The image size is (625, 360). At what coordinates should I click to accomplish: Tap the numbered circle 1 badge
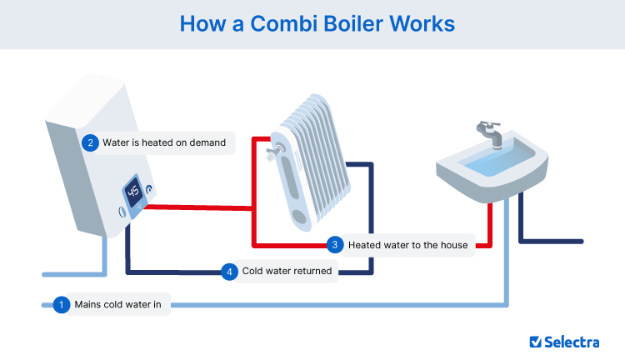pos(60,305)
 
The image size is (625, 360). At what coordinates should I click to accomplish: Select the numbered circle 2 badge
pos(90,142)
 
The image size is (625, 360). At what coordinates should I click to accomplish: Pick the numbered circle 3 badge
pos(335,245)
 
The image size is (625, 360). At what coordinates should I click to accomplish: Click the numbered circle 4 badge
pos(229,272)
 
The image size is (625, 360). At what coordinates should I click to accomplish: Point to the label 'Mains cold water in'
pos(122,305)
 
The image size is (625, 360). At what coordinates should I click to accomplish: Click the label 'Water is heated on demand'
pos(164,142)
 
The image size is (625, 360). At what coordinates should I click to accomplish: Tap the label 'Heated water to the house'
pos(408,245)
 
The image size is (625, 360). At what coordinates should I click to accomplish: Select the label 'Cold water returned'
pos(287,272)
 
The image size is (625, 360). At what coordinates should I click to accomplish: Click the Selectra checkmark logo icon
pos(537,341)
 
